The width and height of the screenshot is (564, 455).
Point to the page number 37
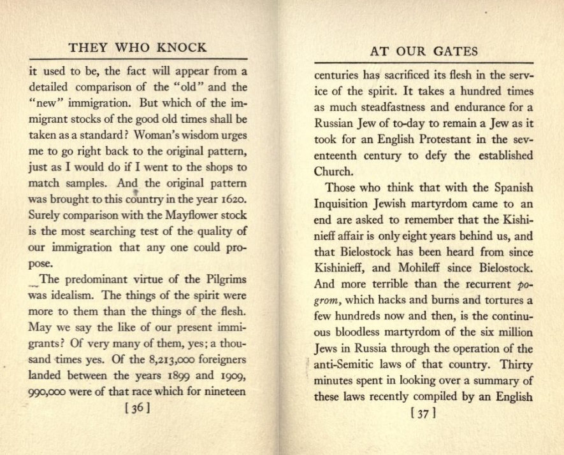[x=424, y=413]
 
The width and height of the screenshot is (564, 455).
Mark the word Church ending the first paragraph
[x=333, y=171]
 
